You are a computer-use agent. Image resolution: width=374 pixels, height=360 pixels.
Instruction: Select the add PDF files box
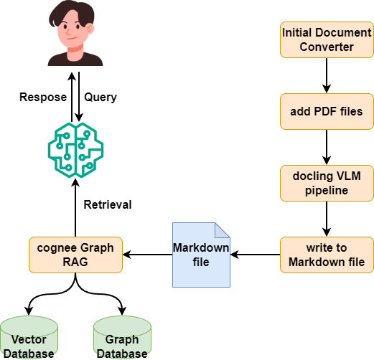[327, 111]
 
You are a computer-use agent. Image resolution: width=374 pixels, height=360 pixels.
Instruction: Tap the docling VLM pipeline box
[327, 183]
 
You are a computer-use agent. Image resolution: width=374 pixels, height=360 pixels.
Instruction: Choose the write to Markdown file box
[327, 254]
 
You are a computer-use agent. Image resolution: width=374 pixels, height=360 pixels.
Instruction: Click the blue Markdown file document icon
[202, 254]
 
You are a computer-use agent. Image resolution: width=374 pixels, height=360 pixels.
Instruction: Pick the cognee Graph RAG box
[76, 254]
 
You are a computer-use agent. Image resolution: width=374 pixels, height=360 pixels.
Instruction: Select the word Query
[101, 96]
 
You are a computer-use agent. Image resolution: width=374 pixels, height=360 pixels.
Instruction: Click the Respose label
[42, 96]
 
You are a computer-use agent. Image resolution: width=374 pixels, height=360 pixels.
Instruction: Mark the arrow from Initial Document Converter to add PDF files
[327, 75]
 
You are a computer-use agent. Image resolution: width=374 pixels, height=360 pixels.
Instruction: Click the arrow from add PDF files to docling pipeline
[327, 146]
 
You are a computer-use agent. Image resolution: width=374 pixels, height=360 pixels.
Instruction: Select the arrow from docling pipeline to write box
[327, 218]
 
